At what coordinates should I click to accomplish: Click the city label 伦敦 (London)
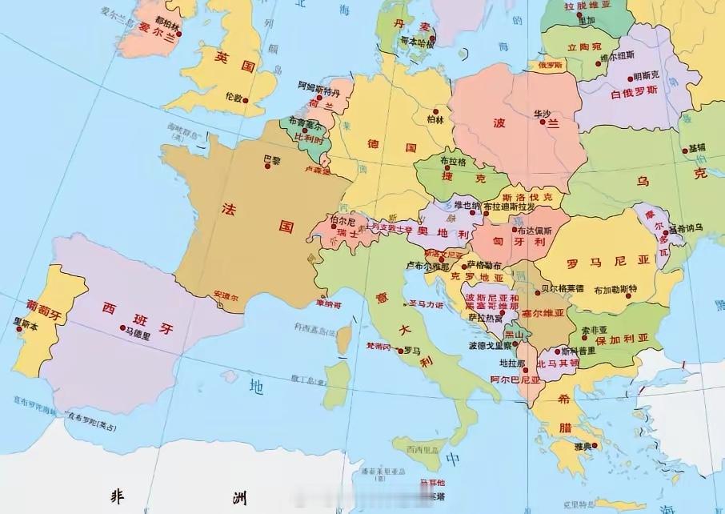(233, 96)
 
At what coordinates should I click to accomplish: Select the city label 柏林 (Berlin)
(435, 120)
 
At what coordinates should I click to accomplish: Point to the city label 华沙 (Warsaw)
(543, 114)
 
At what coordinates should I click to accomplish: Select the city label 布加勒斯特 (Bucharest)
(615, 289)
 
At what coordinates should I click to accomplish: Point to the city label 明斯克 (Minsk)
(646, 77)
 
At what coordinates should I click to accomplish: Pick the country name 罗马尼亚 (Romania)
(595, 262)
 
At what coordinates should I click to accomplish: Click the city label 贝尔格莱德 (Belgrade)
(563, 288)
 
